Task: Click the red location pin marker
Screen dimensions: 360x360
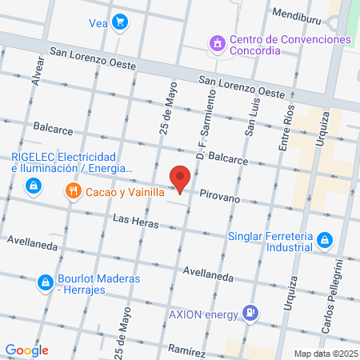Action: [181, 178]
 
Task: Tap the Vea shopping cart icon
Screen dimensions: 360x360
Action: [120, 22]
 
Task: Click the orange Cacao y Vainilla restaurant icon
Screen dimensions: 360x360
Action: [73, 190]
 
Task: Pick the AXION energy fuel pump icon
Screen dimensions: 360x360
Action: [250, 313]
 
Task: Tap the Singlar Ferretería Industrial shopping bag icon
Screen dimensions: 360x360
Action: [324, 239]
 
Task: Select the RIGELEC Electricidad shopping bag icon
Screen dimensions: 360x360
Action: [33, 186]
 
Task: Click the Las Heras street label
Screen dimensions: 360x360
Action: [131, 219]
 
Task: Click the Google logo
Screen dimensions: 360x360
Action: [27, 350]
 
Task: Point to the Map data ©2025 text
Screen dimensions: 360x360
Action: [323, 354]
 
